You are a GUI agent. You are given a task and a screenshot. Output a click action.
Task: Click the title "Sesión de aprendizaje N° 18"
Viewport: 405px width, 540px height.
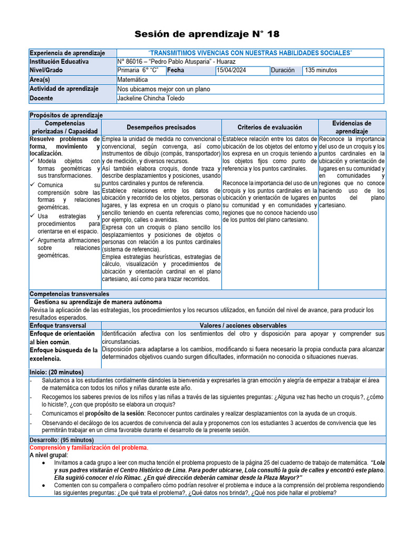(207, 34)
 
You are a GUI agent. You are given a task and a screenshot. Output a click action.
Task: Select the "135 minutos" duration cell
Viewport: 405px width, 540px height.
(321, 70)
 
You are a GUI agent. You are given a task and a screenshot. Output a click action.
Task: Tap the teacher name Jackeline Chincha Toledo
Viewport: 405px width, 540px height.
(151, 99)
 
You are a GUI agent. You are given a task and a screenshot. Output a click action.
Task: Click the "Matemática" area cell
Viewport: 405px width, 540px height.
(133, 80)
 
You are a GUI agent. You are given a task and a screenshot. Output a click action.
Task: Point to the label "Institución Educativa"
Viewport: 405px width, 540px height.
(59, 62)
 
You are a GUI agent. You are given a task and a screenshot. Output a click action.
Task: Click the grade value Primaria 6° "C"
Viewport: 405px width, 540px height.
(138, 70)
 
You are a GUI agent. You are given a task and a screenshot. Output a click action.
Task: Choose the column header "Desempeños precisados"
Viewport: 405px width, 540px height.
(161, 127)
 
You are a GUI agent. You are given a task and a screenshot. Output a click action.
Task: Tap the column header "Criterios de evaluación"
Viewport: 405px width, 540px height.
(269, 127)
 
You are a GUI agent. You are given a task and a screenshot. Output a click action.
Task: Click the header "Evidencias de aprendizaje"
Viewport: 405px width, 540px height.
(352, 127)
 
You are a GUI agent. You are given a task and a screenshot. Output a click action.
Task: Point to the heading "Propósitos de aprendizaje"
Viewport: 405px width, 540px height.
(66, 115)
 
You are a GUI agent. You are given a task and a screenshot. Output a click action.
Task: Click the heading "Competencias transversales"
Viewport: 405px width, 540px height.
(69, 294)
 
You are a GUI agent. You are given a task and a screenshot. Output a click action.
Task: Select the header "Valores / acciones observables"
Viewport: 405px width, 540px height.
(243, 326)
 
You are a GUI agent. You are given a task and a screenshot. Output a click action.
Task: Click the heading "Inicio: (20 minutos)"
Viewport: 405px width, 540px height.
(56, 372)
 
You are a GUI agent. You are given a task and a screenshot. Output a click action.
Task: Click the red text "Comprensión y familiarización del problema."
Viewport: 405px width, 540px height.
(89, 448)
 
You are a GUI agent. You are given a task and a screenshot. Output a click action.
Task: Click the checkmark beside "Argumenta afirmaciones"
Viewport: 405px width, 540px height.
(33, 240)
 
